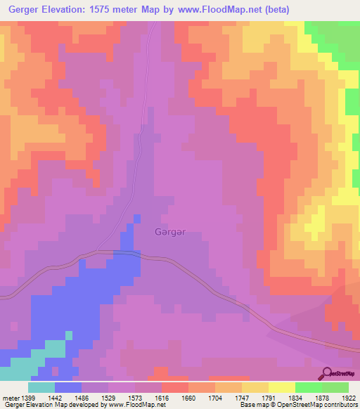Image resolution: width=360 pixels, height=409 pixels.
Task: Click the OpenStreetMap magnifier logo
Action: click(x=326, y=373)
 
